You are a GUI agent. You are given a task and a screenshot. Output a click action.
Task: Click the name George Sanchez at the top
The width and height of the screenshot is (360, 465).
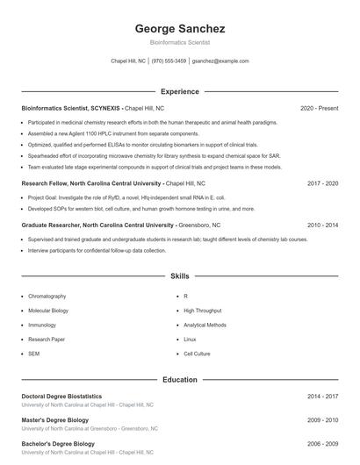tap(179, 28)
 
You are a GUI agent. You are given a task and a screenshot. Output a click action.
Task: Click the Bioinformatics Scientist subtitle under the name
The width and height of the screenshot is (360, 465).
tap(179, 42)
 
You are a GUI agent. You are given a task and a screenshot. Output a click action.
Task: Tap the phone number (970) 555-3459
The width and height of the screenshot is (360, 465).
tap(169, 61)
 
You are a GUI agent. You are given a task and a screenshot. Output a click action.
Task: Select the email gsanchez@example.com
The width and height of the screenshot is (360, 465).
tap(220, 61)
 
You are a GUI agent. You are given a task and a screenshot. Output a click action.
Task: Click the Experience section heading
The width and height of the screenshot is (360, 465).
tap(179, 91)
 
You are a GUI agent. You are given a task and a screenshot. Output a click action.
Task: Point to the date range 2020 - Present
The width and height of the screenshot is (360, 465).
tap(319, 108)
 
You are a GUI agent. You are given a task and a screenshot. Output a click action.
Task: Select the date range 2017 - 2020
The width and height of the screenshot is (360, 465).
tap(322, 183)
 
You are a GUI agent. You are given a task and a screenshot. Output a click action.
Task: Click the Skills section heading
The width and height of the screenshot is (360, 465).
tap(179, 275)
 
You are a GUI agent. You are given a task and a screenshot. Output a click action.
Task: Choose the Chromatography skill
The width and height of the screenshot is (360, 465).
tap(47, 297)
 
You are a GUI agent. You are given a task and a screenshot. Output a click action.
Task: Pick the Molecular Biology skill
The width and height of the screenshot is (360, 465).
tap(48, 311)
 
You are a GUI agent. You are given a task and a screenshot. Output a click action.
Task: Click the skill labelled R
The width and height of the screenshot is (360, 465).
tap(185, 297)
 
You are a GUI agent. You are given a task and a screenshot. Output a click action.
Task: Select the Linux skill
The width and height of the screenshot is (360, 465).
tap(190, 339)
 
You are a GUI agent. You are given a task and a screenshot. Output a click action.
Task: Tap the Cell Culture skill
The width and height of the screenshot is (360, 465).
tap(197, 353)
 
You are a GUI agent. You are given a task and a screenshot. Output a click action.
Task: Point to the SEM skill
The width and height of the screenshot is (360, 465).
tap(33, 353)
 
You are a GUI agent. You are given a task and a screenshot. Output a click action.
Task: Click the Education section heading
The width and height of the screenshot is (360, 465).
tap(179, 380)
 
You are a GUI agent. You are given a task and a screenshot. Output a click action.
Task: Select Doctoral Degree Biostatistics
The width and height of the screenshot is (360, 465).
tap(61, 397)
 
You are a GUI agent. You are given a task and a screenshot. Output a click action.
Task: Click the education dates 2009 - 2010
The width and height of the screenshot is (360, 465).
tap(322, 420)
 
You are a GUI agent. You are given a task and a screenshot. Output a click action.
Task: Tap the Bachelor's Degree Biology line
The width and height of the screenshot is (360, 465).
tap(57, 444)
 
